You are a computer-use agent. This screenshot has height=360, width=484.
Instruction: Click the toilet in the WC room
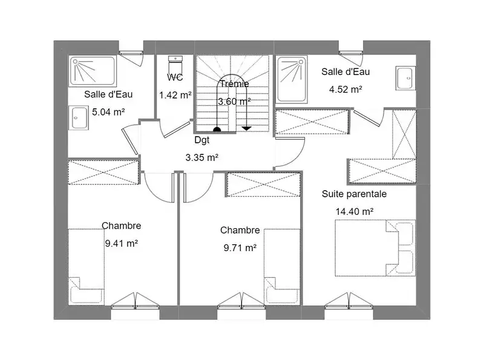[x=175, y=65]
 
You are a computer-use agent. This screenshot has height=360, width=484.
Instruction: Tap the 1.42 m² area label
[x=175, y=95]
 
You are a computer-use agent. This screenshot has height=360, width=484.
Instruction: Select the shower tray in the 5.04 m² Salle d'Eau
[x=93, y=71]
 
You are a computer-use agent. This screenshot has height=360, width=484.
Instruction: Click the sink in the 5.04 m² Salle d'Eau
[x=79, y=117]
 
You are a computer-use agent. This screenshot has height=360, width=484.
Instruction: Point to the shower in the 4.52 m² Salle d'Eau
[x=292, y=79]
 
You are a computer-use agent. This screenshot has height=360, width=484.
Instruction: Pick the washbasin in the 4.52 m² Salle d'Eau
[x=406, y=78]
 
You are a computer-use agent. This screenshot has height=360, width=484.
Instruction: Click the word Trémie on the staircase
[x=234, y=83]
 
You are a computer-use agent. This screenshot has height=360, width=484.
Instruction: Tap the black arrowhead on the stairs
[x=246, y=128]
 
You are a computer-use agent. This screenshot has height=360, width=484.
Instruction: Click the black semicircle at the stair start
[x=217, y=129]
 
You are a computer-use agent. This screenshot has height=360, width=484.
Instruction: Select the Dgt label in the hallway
[x=202, y=140]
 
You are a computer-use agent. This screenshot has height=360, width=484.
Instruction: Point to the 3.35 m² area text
[x=202, y=157]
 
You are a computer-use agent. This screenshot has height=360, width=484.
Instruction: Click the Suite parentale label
[x=354, y=194]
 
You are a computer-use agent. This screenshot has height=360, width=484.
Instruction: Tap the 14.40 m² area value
[x=355, y=212]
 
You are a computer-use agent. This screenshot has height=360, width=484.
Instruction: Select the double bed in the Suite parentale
[x=375, y=247]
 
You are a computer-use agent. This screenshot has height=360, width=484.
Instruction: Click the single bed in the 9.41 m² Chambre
[x=86, y=267]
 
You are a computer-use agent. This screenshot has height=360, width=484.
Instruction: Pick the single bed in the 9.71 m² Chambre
[x=282, y=267]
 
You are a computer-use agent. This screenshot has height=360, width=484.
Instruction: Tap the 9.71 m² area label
[x=240, y=247]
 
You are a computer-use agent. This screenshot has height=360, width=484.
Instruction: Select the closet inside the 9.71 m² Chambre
[x=263, y=185]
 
